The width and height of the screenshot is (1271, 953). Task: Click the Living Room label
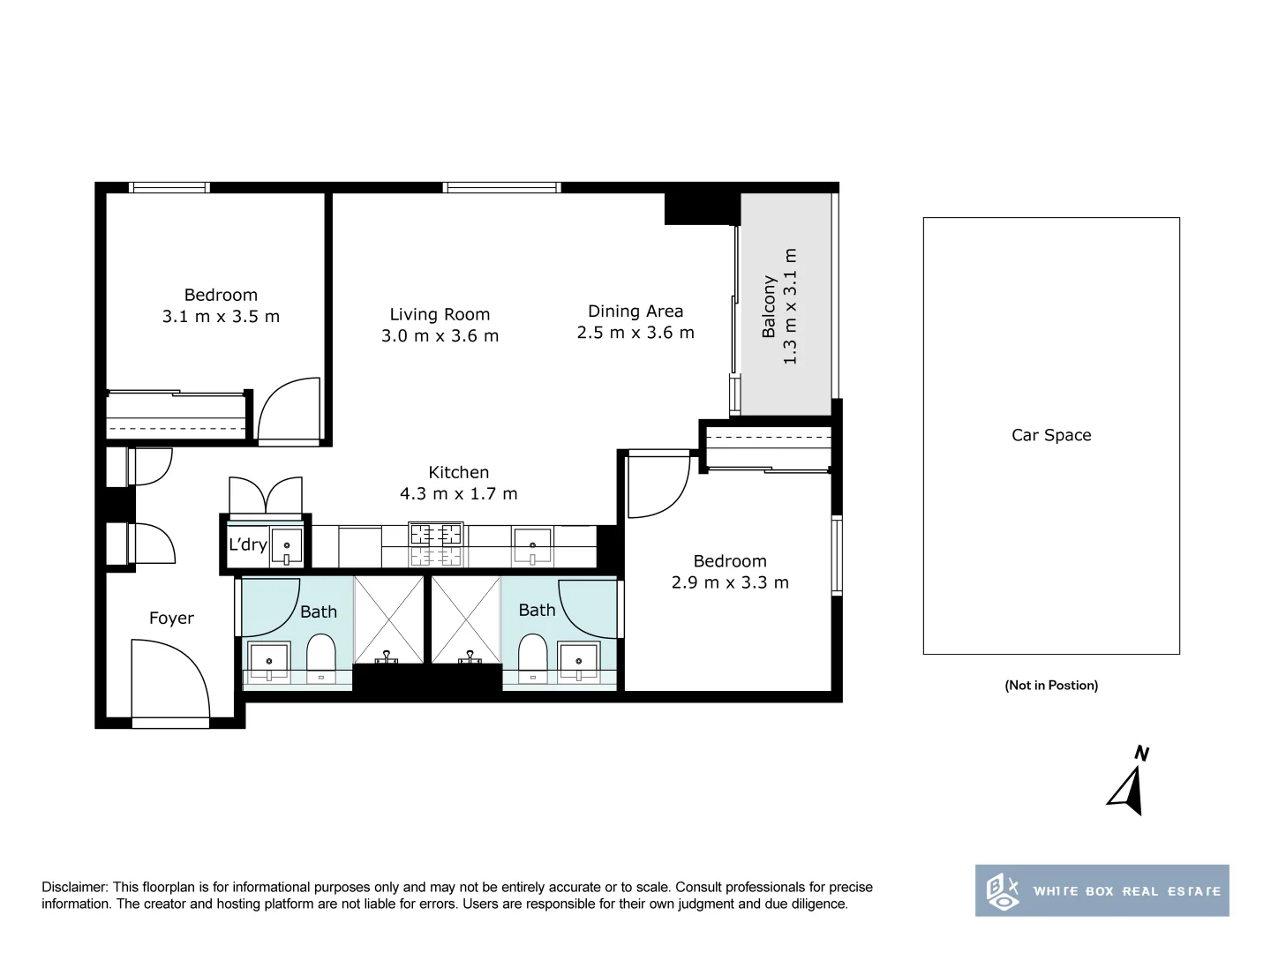440,314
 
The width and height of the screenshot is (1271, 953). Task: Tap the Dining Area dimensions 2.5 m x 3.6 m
635,333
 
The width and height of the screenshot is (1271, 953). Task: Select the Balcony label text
769,307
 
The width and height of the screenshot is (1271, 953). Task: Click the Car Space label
1051,435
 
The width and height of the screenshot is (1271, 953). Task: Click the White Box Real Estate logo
1102,890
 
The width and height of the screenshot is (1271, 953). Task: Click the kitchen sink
532,544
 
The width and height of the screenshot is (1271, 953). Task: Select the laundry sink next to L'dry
286,546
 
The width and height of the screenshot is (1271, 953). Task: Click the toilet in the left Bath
320,658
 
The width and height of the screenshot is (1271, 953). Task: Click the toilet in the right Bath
533,658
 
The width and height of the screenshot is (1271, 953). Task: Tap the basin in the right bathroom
579,660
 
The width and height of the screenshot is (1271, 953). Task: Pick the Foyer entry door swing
170,679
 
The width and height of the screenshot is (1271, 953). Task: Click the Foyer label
171,619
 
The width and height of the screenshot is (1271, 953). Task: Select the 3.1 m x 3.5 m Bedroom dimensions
221,317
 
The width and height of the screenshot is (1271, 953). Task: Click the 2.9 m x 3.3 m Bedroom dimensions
730,582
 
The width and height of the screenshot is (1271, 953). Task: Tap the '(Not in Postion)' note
1051,685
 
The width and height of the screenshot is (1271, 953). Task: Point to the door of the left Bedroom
289,409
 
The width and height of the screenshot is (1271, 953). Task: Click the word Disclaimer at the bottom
75,887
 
